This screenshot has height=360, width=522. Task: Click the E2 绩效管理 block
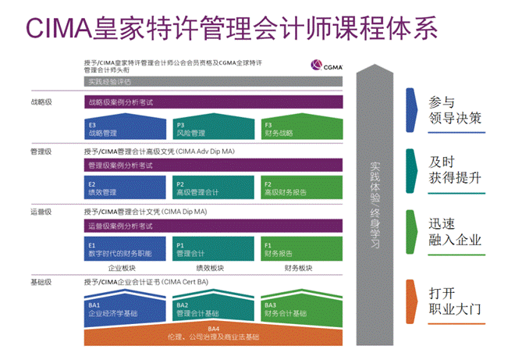[125, 188]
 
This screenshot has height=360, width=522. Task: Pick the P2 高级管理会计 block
[211, 188]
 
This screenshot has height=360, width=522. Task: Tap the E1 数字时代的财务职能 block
[125, 249]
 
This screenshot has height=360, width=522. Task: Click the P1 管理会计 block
[211, 249]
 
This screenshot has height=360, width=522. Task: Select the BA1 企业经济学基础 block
[125, 309]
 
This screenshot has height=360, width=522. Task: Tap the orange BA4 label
[213, 329]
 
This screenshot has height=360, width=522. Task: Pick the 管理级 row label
[41, 151]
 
